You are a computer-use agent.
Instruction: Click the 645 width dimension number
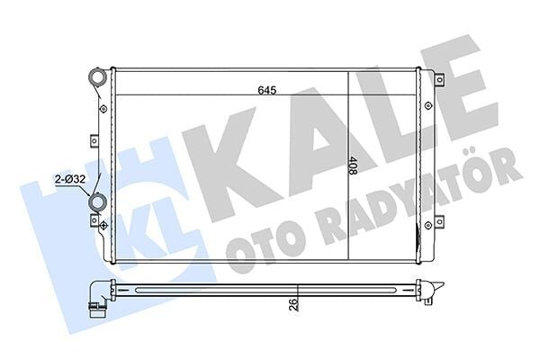267,89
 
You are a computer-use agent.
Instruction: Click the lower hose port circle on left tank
96,203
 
